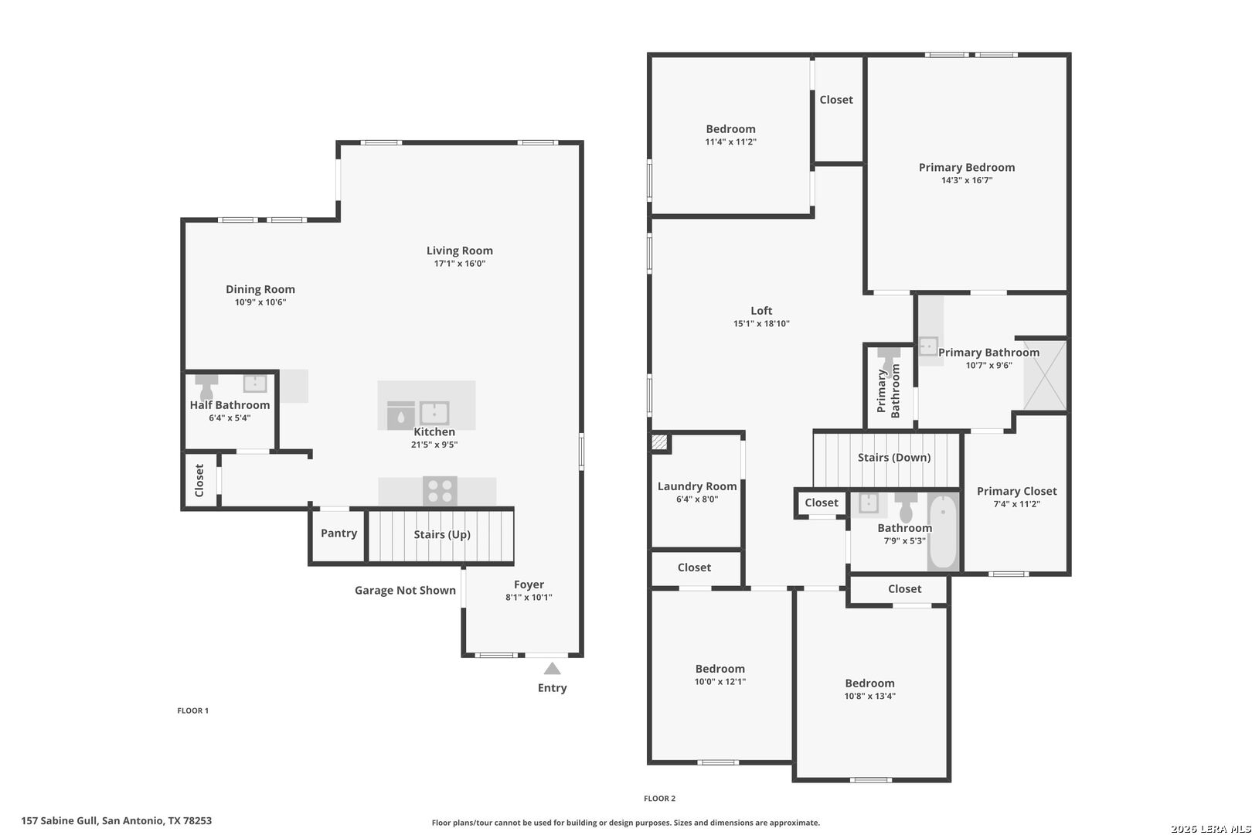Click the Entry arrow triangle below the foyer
553,668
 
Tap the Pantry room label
339,533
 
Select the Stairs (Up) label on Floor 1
442,535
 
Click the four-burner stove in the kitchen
440,490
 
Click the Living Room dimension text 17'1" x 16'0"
460,264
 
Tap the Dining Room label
260,289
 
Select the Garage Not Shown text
405,590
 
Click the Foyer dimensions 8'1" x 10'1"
529,598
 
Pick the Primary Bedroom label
967,167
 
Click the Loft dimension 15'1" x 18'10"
761,323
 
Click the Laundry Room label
697,486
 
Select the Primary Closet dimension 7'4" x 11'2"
1017,504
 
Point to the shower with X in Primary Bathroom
1045,375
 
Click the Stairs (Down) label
894,458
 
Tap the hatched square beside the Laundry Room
659,442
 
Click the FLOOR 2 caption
659,799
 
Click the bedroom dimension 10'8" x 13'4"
869,697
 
